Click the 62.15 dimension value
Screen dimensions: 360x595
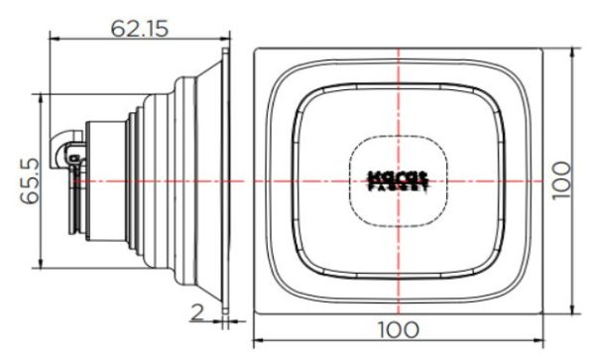[x=139, y=29]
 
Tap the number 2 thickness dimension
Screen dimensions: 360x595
[x=196, y=313]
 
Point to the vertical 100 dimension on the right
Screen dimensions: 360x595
[x=565, y=180]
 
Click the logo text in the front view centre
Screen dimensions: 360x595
[x=397, y=180]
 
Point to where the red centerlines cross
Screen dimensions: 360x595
[x=397, y=181]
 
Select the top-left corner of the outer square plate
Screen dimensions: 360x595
[x=255, y=48]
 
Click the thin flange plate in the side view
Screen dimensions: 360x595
[x=227, y=180]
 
